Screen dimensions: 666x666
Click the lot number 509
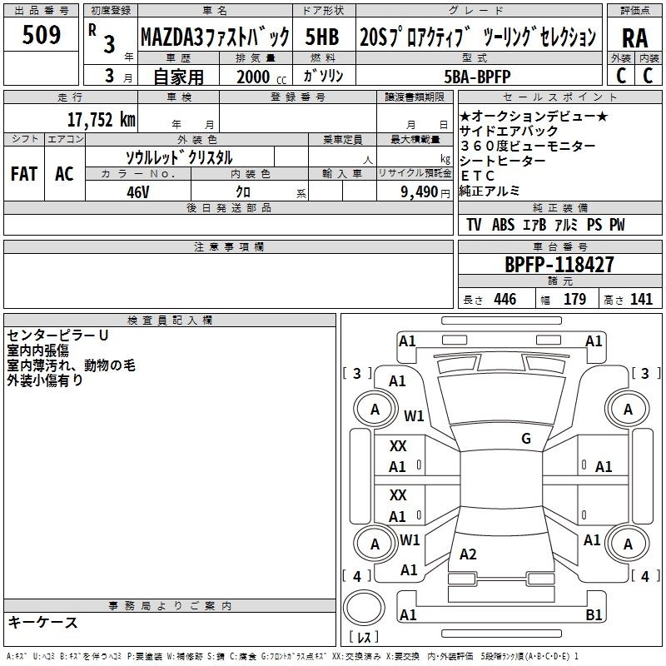(x=41, y=34)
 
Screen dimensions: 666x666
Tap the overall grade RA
(x=634, y=38)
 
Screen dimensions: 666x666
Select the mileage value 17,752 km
(x=101, y=120)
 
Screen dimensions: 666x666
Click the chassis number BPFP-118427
(x=559, y=265)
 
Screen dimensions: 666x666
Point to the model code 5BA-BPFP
(x=477, y=77)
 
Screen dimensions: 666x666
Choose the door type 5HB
(x=322, y=37)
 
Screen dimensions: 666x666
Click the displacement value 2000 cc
(x=261, y=77)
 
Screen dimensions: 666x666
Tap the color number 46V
(x=137, y=192)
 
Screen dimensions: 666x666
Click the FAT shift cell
(x=24, y=174)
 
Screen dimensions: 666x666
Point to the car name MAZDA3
(x=171, y=37)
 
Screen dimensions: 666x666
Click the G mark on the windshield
(x=526, y=438)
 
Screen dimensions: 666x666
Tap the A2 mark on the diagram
(x=468, y=554)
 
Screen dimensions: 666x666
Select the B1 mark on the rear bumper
(x=594, y=614)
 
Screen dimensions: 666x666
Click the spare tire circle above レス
(x=364, y=608)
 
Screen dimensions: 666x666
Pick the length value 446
(x=505, y=299)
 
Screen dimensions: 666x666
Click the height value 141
(x=641, y=299)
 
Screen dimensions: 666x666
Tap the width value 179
(x=574, y=299)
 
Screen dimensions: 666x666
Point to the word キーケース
(x=43, y=622)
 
